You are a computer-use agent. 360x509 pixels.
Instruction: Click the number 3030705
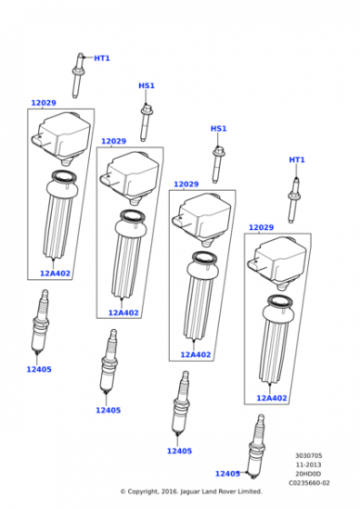pyautogui.click(x=308, y=455)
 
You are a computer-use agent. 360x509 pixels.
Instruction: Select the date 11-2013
pyautogui.click(x=308, y=464)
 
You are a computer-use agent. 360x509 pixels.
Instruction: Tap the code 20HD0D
pyautogui.click(x=308, y=474)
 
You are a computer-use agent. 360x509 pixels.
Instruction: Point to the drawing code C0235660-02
pyautogui.click(x=309, y=483)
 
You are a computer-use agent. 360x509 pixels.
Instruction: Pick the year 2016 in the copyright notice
pyautogui.click(x=169, y=492)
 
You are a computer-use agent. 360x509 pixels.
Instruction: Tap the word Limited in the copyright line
pyautogui.click(x=249, y=492)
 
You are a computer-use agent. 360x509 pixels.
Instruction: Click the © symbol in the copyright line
pyautogui.click(x=123, y=492)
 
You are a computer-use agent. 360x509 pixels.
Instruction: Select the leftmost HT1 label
pyautogui.click(x=102, y=58)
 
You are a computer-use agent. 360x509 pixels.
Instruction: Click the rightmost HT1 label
pyautogui.click(x=296, y=160)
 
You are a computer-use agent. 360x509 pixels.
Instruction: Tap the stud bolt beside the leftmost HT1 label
pyautogui.click(x=77, y=75)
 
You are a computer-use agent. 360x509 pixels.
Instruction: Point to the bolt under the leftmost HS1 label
pyautogui.click(x=145, y=122)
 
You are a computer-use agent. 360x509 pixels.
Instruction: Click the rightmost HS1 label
pyautogui.click(x=218, y=128)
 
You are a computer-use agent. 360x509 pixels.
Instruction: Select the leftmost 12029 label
pyautogui.click(x=44, y=103)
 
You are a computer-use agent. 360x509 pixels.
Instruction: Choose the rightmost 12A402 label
pyautogui.click(x=272, y=398)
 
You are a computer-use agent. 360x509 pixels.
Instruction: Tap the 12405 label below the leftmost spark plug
pyautogui.click(x=39, y=369)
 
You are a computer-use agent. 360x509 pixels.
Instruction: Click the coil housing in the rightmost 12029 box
pyautogui.click(x=277, y=263)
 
